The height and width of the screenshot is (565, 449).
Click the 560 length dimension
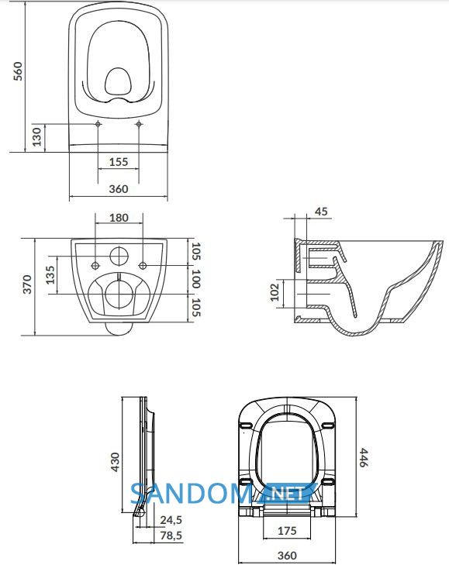[18, 71]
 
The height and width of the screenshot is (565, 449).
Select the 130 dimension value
[36, 137]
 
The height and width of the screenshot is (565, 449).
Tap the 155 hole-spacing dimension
[119, 162]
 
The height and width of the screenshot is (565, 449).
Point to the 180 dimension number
[119, 218]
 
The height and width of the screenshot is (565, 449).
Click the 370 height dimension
[27, 284]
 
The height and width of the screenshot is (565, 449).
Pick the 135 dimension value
[50, 275]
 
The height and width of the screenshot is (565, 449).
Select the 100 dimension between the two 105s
[196, 278]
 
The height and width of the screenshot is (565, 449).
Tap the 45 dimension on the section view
[321, 211]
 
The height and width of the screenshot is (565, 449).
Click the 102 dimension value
[275, 292]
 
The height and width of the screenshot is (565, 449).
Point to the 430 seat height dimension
[115, 462]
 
